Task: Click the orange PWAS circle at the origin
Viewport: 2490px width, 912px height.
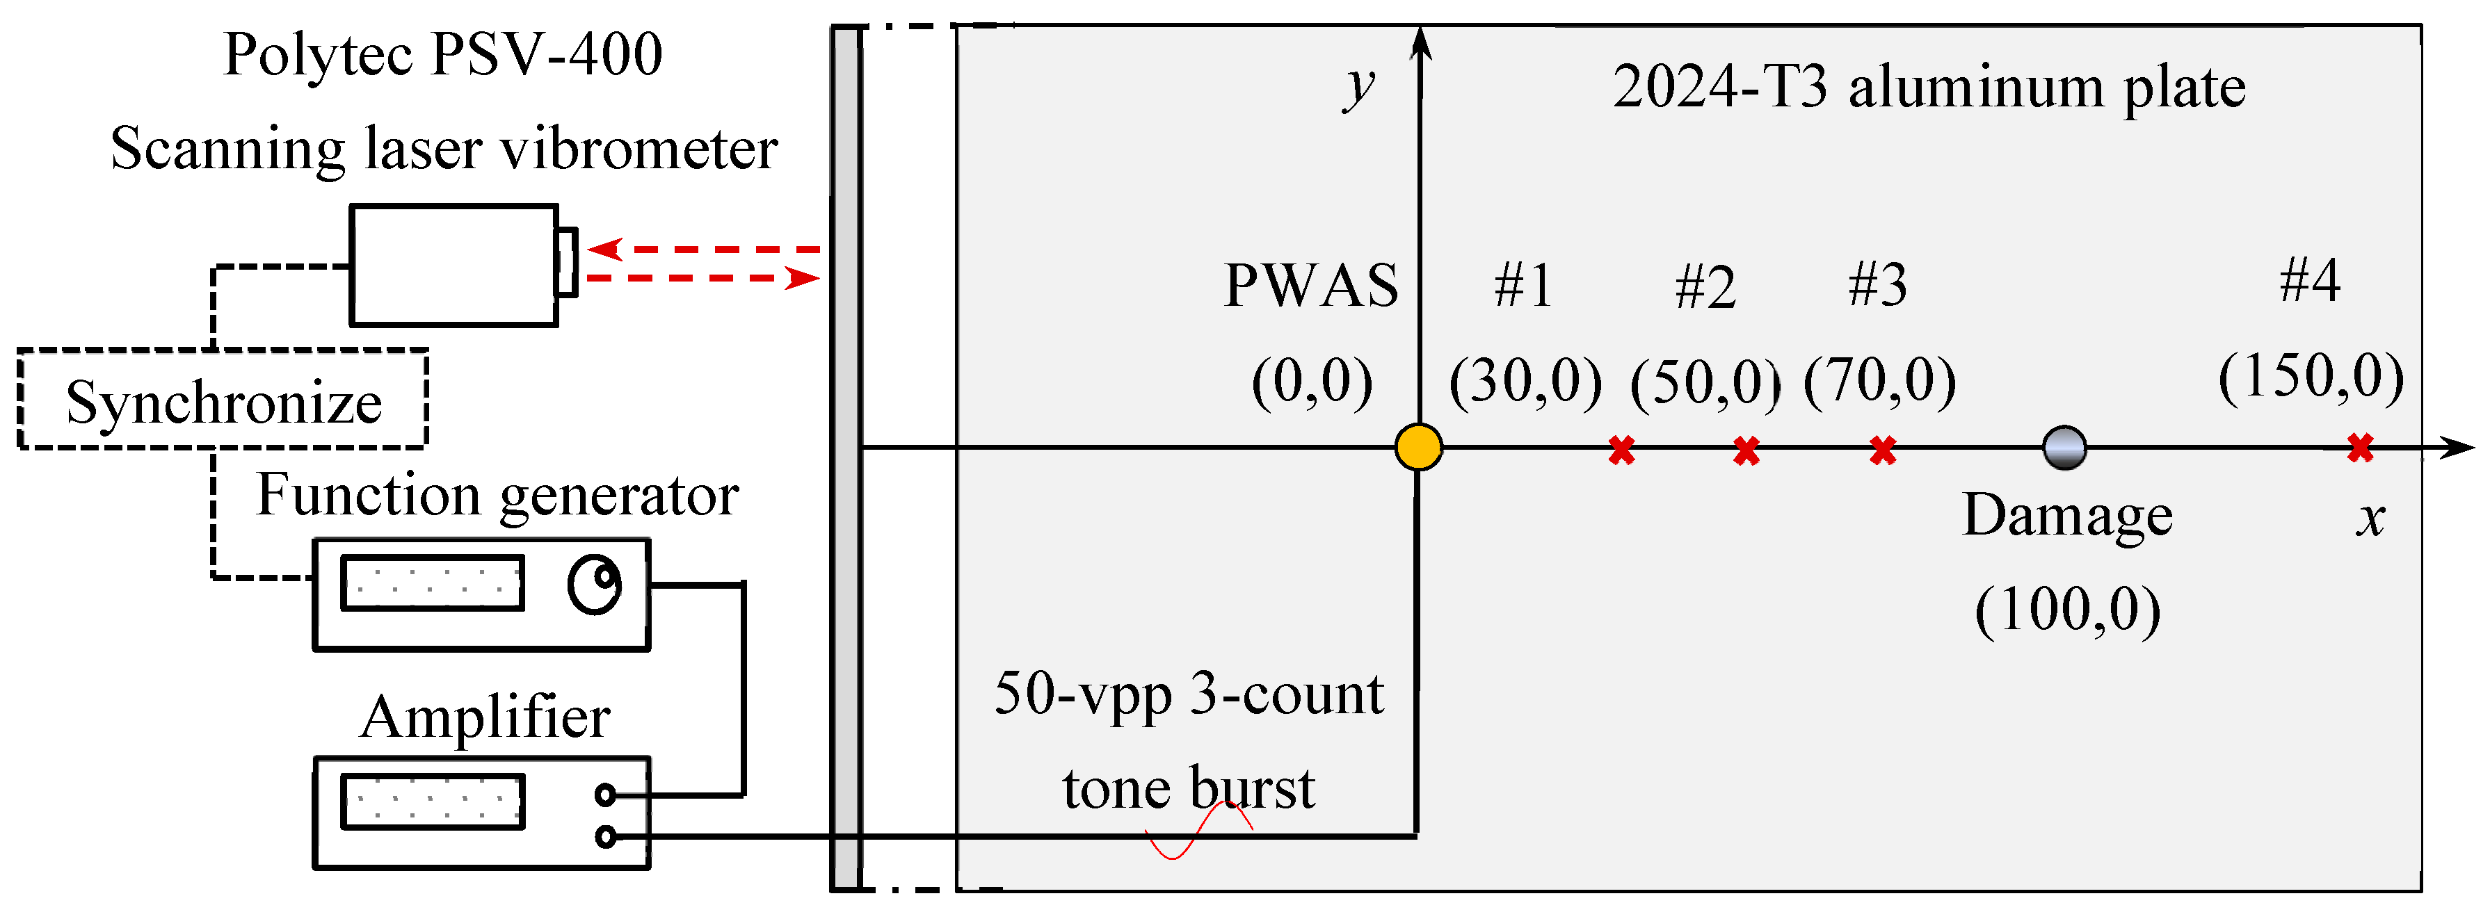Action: tap(1418, 447)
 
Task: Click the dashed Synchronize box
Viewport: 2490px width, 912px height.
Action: tap(223, 399)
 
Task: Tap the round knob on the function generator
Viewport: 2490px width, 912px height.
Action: tap(593, 585)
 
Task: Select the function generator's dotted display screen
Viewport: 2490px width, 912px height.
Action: tap(433, 583)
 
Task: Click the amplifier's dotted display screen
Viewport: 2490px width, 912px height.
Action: tap(433, 801)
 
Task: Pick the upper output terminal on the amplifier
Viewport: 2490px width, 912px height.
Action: tap(606, 794)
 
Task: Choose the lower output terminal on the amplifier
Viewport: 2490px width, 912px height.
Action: tap(606, 836)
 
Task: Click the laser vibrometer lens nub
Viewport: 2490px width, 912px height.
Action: tap(566, 262)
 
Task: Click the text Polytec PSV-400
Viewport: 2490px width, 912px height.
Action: tap(443, 54)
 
